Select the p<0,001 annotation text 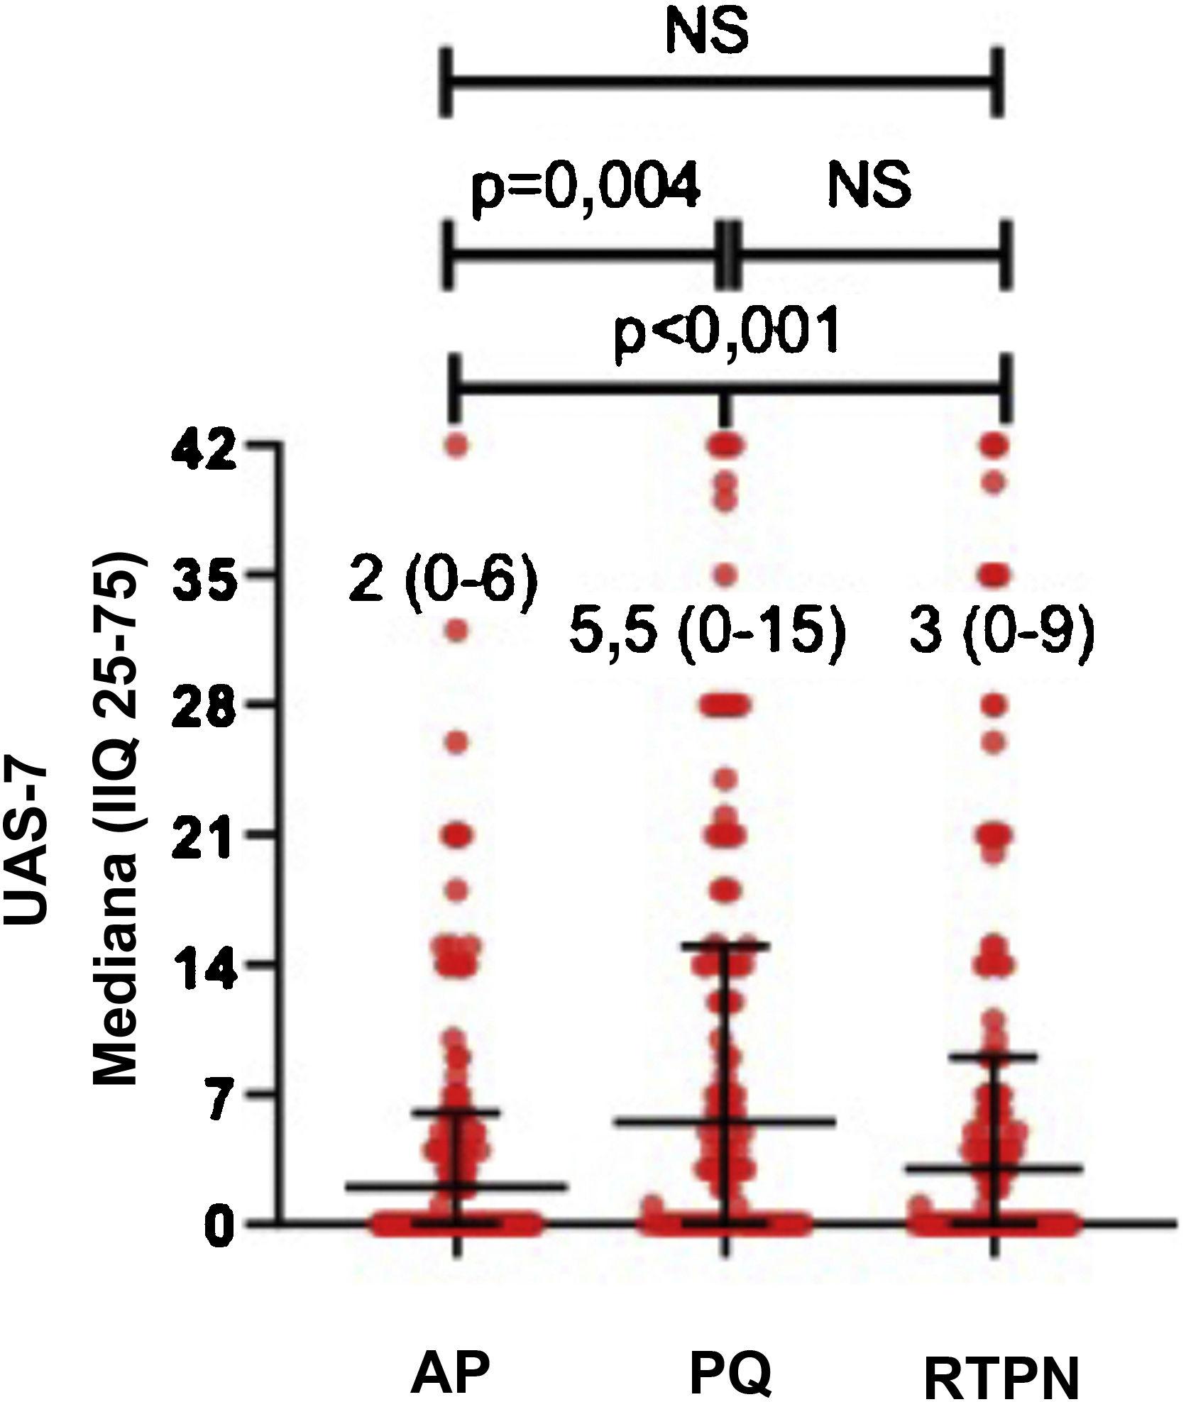[727, 331]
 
